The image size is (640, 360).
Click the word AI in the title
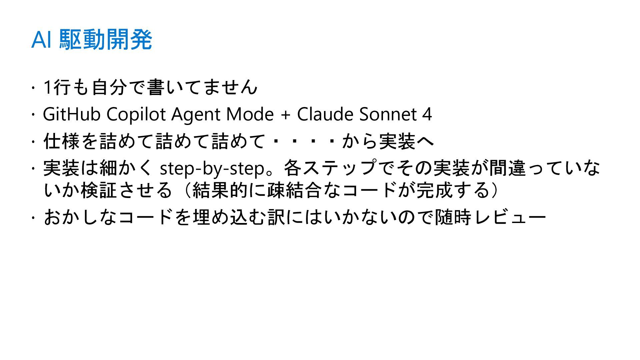pos(41,40)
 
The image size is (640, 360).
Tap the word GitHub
pos(71,114)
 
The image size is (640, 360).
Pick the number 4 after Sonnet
pos(427,114)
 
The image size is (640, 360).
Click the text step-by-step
pos(212,169)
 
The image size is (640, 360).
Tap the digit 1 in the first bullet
pos(47,87)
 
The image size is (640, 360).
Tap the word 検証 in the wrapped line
pos(99,190)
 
